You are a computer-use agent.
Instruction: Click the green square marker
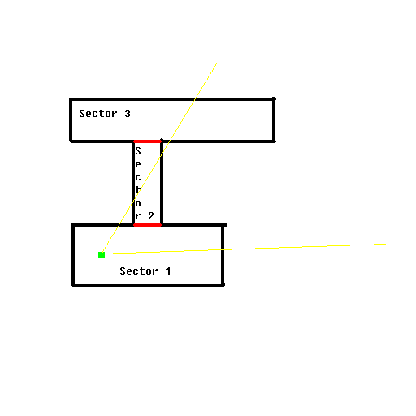[x=102, y=255]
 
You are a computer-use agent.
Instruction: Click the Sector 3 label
[x=105, y=114]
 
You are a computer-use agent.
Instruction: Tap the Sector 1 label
[x=145, y=271]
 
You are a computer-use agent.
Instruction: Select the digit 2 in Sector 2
[x=151, y=216]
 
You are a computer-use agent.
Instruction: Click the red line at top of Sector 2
[x=148, y=141]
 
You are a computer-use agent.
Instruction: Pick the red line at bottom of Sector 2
[x=148, y=225]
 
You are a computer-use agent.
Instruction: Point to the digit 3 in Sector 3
[x=128, y=114]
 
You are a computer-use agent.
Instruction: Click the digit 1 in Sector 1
[x=168, y=271]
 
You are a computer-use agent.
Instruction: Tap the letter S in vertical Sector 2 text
[x=138, y=151]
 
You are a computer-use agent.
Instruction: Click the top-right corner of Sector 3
[x=274, y=99]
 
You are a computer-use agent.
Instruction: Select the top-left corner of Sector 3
[x=71, y=99]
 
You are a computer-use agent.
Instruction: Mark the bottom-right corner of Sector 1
[x=223, y=285]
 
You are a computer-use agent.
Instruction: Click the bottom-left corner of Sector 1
[x=73, y=285]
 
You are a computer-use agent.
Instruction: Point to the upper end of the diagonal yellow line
[x=217, y=63]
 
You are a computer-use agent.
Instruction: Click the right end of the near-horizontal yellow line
[x=386, y=245]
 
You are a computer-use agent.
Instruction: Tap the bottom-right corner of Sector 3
[x=274, y=141]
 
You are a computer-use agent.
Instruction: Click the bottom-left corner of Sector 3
[x=71, y=141]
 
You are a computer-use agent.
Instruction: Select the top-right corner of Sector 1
[x=223, y=225]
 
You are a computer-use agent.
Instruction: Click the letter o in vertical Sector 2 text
[x=138, y=203]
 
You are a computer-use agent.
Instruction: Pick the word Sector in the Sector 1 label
[x=139, y=271]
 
